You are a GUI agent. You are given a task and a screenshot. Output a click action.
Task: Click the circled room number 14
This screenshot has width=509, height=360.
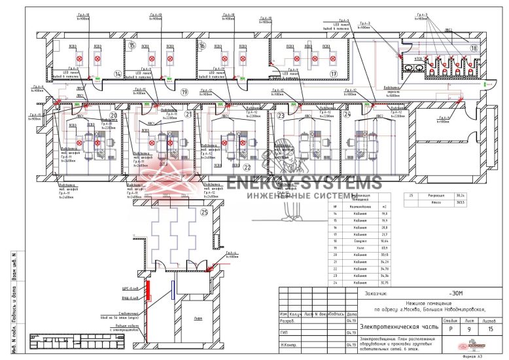(x=118, y=74)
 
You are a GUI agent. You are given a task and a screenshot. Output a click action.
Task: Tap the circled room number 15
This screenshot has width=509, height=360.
(x=132, y=46)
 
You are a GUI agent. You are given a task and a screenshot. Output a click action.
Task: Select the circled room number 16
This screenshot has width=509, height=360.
(x=202, y=46)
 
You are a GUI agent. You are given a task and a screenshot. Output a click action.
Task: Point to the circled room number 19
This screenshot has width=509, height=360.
(x=184, y=92)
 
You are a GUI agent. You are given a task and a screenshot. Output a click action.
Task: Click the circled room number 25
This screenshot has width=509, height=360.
(x=204, y=213)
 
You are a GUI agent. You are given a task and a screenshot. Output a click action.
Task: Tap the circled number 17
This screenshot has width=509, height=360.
(x=333, y=74)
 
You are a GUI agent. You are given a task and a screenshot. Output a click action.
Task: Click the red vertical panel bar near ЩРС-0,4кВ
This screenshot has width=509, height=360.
(x=149, y=289)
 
